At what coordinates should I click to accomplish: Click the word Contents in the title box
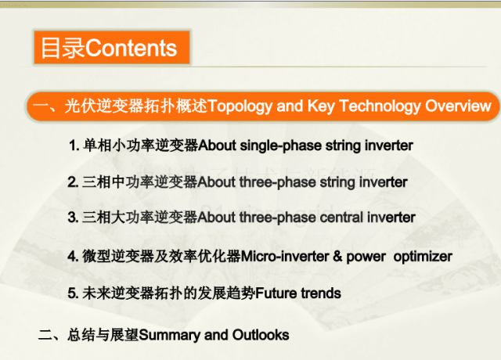[x=131, y=49]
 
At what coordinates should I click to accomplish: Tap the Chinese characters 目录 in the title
[x=63, y=49]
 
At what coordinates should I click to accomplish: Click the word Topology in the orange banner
[x=240, y=106]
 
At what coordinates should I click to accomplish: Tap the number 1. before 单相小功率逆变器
[x=74, y=146]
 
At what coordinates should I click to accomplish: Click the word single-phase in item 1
[x=281, y=146]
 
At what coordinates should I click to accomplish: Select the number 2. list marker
[x=73, y=182]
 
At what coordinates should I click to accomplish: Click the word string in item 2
[x=337, y=182]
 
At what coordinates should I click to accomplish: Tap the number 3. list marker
[x=73, y=218]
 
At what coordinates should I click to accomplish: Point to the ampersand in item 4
[x=337, y=257]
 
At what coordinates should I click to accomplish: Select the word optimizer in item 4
[x=423, y=257]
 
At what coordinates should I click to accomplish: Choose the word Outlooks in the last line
[x=261, y=335]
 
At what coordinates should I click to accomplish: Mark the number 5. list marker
[x=73, y=293]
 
